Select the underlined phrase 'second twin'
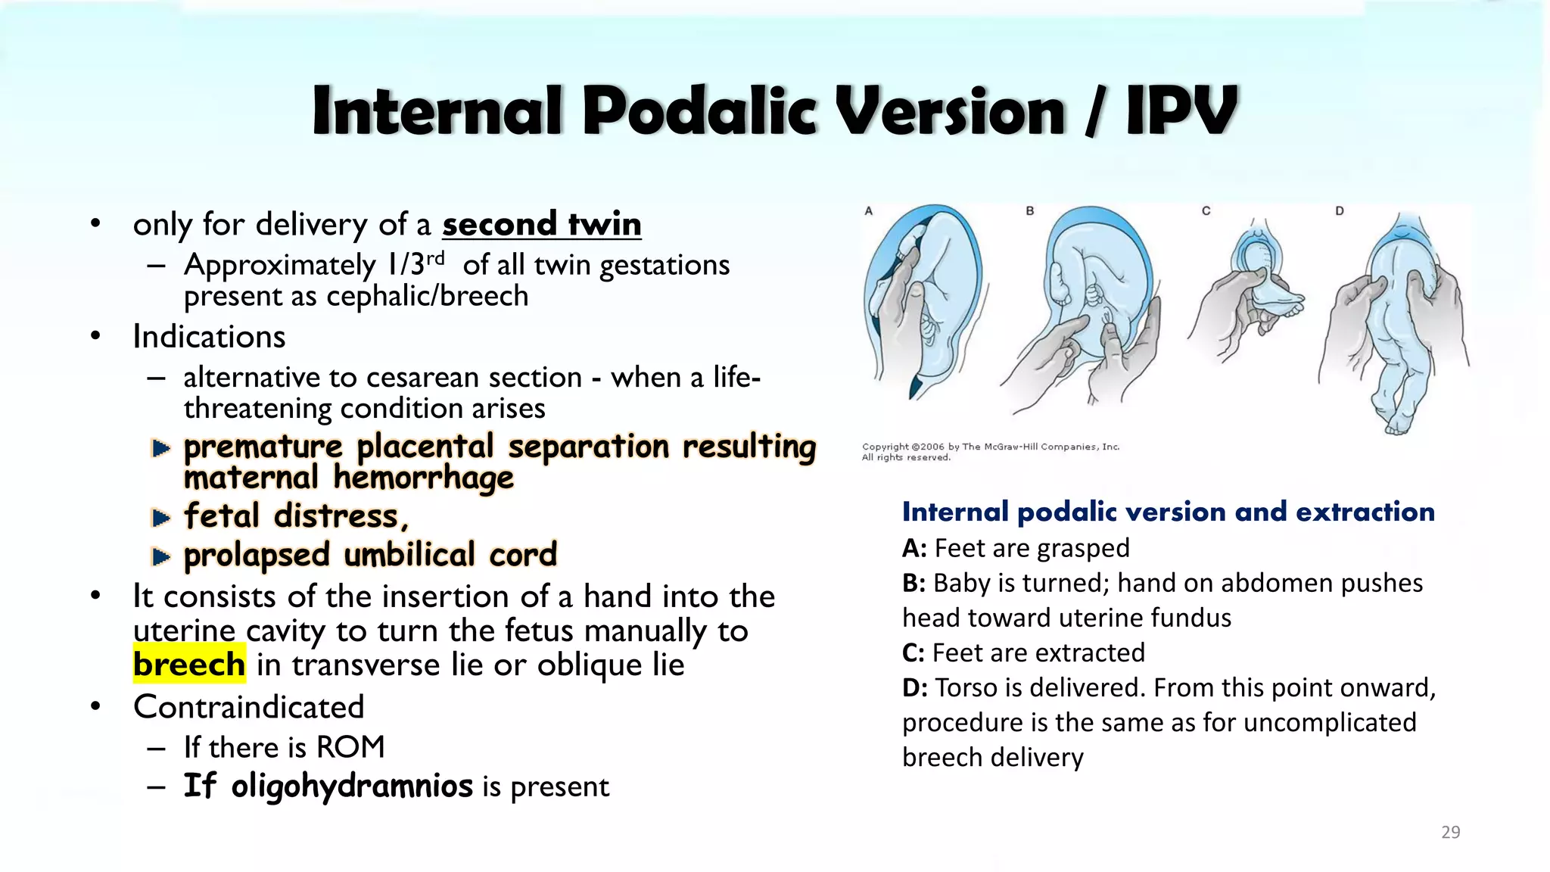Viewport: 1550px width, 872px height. (x=542, y=224)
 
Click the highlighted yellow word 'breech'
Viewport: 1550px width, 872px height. (x=189, y=664)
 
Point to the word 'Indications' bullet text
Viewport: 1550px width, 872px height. (x=209, y=336)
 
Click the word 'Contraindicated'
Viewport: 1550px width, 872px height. (x=248, y=706)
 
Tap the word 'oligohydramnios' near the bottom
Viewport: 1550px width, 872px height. (x=352, y=786)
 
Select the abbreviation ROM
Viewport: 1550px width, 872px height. (x=350, y=747)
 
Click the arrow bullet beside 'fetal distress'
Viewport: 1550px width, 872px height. (x=160, y=518)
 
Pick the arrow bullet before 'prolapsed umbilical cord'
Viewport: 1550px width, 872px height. (x=160, y=557)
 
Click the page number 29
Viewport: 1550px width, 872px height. (x=1450, y=832)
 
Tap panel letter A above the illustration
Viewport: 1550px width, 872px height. (x=869, y=211)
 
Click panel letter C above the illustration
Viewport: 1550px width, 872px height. (x=1206, y=211)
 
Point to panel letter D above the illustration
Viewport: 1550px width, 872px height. (x=1339, y=211)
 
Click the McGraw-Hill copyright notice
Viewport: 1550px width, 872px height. (x=990, y=452)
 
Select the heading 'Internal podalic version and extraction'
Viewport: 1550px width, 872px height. (x=1168, y=512)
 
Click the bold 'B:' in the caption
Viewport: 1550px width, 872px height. (x=914, y=583)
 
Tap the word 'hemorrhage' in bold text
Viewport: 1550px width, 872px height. (x=423, y=478)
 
